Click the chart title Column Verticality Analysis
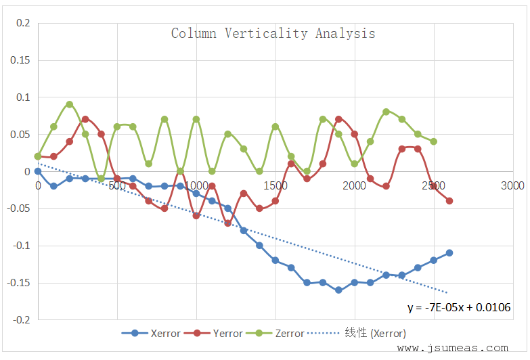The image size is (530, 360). (273, 33)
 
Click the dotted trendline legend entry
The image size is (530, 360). (356, 333)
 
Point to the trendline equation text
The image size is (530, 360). (458, 307)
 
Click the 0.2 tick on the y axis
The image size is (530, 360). (23, 24)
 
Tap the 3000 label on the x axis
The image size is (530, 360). (512, 185)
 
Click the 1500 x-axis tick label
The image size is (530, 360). (275, 185)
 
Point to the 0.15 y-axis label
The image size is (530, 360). (21, 60)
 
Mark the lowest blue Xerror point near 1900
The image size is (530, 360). (338, 290)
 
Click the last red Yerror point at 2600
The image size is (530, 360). (449, 201)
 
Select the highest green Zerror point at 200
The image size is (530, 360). (70, 104)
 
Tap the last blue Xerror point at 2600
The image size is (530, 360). (449, 253)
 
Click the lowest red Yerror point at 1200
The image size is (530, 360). (228, 223)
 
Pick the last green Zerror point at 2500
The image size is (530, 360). (433, 141)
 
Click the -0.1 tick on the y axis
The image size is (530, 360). (22, 246)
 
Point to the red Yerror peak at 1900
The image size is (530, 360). (338, 119)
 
